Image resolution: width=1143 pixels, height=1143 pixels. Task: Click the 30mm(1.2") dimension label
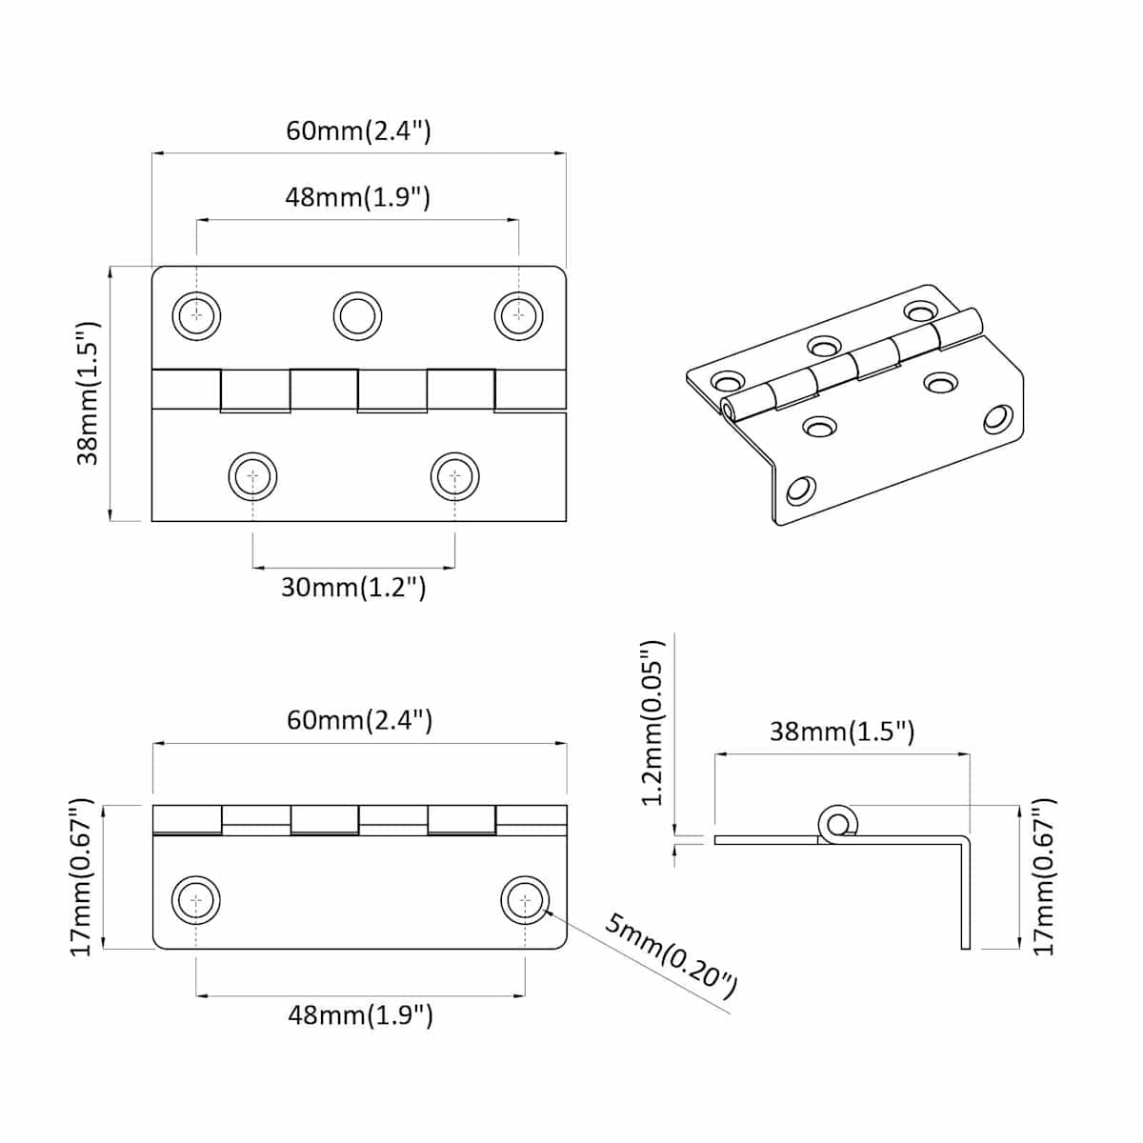(353, 588)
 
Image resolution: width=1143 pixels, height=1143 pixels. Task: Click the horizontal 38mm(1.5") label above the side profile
(842, 732)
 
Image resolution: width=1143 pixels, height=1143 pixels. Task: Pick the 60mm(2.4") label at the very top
(359, 131)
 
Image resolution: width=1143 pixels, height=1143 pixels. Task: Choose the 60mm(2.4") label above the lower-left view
(359, 721)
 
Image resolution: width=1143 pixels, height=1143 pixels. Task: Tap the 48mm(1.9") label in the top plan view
(358, 197)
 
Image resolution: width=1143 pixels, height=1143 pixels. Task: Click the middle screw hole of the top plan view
(358, 316)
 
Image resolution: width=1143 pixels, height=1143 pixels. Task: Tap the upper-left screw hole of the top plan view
(196, 316)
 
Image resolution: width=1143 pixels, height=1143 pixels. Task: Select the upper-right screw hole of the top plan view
(519, 316)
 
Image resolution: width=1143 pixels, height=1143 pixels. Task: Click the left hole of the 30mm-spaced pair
(253, 477)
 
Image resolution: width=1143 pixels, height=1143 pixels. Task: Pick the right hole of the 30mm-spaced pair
(455, 477)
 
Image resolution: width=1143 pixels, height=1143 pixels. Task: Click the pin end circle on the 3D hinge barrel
(728, 409)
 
